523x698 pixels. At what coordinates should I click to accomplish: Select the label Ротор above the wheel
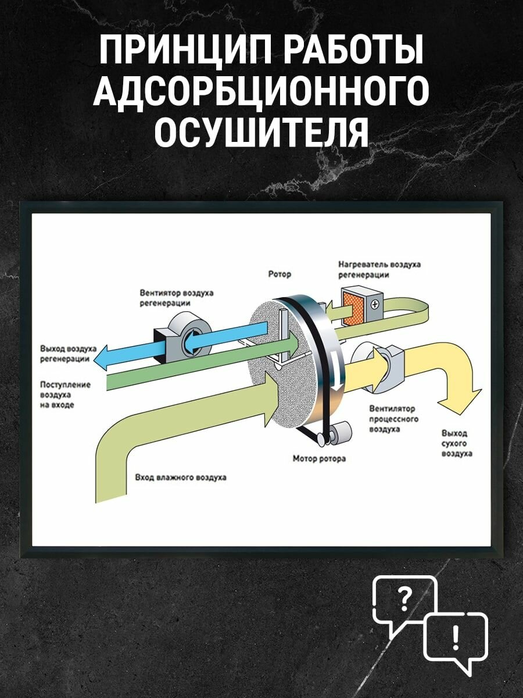coord(280,274)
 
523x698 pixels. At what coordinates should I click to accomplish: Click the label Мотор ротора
coord(319,459)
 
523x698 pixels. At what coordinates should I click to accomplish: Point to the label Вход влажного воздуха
coord(181,478)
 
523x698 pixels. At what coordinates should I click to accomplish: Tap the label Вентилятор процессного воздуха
coord(393,419)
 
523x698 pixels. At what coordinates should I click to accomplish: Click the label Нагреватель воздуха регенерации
coord(379,269)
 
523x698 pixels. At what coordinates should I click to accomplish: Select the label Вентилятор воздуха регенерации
coord(176,298)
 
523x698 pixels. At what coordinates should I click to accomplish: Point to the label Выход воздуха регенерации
coord(65,354)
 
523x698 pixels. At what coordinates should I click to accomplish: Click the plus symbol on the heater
coord(375,304)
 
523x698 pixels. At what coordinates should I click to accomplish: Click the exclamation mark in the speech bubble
coord(455,639)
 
